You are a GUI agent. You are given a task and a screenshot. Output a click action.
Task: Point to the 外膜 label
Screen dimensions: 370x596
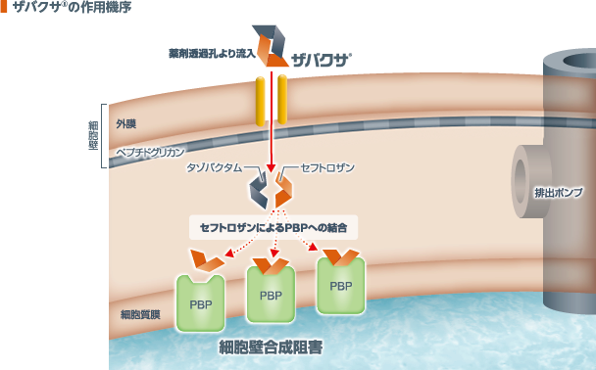tap(125, 124)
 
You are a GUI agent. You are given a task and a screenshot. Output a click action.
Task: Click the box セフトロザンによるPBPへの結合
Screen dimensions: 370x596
tap(274, 226)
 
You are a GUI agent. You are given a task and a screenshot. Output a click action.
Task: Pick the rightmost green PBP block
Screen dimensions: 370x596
tap(341, 286)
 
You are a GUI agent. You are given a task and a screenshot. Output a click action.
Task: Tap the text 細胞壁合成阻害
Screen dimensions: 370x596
tap(270, 346)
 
